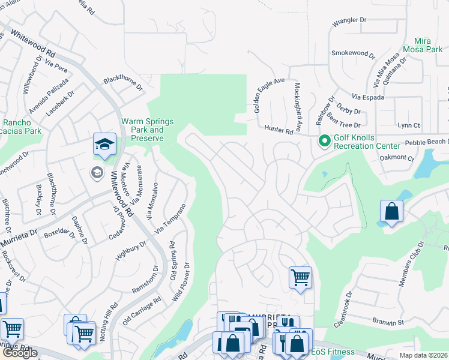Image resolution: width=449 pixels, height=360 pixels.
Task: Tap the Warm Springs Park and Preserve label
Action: [148, 130]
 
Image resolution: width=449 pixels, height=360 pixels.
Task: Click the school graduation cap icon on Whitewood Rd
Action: [104, 145]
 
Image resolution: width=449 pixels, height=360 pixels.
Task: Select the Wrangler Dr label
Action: [349, 20]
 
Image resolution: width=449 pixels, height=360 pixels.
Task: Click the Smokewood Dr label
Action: [353, 54]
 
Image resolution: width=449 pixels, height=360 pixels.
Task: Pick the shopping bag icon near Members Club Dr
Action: [391, 212]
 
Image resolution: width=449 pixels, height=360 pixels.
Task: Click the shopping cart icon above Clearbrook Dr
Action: [300, 278]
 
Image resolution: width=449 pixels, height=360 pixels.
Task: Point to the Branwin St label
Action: [388, 323]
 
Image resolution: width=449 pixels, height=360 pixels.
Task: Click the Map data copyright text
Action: [424, 355]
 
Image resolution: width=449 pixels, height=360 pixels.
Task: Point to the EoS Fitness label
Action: [332, 352]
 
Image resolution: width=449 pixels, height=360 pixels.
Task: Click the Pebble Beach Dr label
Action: [427, 142]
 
